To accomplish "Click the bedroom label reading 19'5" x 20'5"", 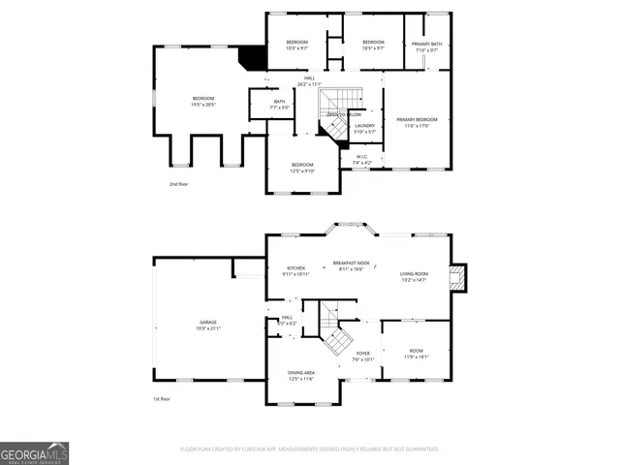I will click(202, 101).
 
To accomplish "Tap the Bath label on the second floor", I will click(279, 104).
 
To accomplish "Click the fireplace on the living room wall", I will click(461, 277).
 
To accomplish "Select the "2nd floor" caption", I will click(179, 184).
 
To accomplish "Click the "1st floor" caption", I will click(160, 399).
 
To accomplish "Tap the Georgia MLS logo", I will click(35, 453).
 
